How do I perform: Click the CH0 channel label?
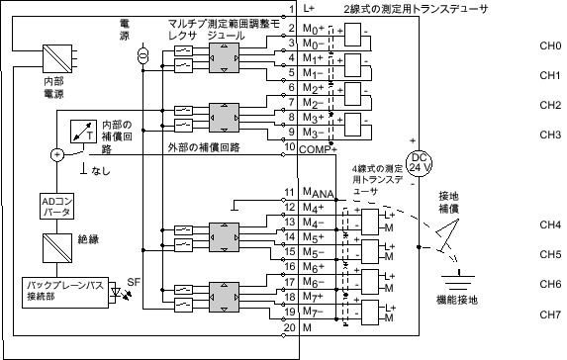(x=550, y=46)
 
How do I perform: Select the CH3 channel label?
(x=550, y=135)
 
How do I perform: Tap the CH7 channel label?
(x=550, y=315)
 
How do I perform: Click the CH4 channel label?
(x=550, y=225)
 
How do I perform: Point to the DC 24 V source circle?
(x=419, y=161)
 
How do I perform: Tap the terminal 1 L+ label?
(x=302, y=8)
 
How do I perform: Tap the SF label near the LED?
(x=135, y=283)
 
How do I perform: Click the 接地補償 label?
(x=448, y=203)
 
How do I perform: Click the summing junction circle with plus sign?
(x=56, y=154)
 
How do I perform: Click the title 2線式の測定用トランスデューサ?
(x=415, y=8)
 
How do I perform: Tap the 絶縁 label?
(x=89, y=239)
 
